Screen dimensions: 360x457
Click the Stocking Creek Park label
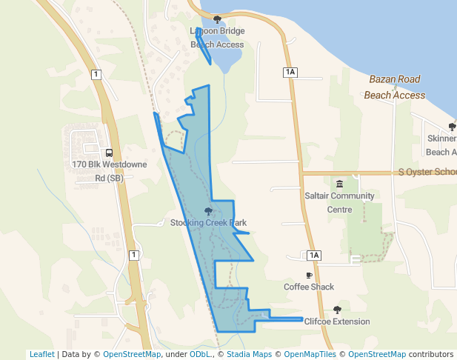tap(208, 223)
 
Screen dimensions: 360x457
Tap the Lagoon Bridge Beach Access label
tap(217, 38)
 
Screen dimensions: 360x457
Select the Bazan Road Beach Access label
tap(394, 87)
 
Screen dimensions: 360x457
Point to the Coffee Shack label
tap(309, 287)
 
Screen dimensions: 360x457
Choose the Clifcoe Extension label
tap(337, 321)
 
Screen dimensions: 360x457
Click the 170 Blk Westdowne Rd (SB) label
tap(109, 171)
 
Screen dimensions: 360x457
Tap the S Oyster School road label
tap(427, 172)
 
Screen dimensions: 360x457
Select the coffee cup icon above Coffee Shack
tap(309, 275)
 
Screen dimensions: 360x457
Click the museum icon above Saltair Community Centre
tap(340, 184)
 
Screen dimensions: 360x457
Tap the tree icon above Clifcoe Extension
tap(337, 310)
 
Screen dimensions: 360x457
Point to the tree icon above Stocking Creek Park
tap(208, 211)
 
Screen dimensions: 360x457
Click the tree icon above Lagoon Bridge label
tap(217, 19)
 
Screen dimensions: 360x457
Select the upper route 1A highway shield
tap(290, 72)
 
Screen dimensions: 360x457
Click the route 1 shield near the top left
tap(96, 74)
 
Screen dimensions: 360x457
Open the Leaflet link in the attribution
tap(41, 354)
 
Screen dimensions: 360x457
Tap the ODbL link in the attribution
tap(200, 354)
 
